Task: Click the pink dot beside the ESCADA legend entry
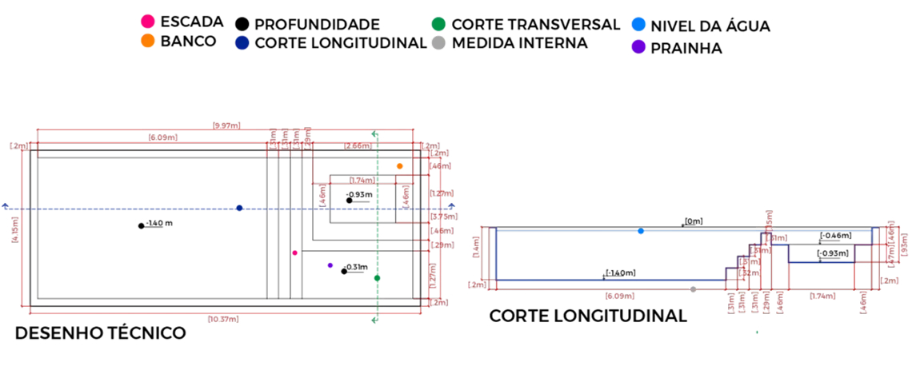(x=146, y=22)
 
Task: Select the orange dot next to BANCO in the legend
(x=146, y=41)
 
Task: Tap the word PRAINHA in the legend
(x=686, y=49)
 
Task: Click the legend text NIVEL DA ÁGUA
(x=710, y=26)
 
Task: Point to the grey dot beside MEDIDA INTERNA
(x=437, y=42)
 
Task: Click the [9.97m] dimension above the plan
(x=226, y=125)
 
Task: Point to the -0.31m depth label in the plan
(x=356, y=267)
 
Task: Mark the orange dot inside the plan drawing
(x=400, y=166)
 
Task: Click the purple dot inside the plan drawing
(x=330, y=265)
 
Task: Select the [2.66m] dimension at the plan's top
(x=357, y=145)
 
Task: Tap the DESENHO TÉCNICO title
(x=100, y=333)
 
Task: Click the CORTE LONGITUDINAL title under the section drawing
(x=588, y=316)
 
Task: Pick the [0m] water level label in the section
(x=693, y=221)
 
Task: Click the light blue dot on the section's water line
(x=641, y=231)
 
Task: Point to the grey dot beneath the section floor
(x=693, y=289)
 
